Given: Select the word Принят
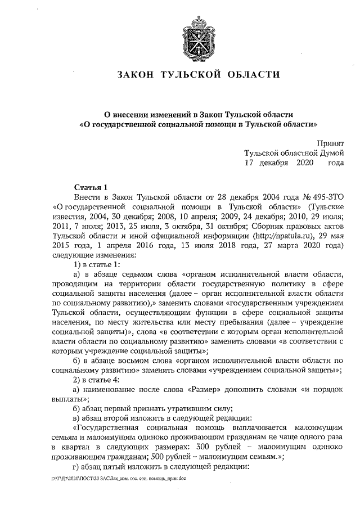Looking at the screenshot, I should click(330, 144).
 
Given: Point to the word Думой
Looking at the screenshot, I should click(329, 154).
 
